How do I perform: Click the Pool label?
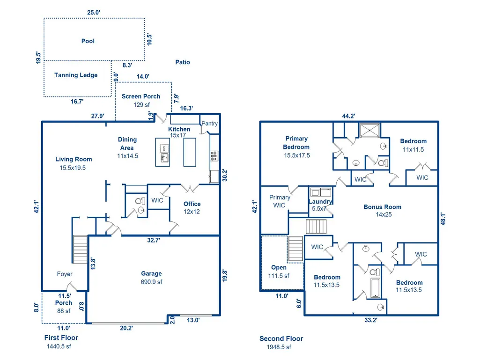[x=88, y=41]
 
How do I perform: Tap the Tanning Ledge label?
[x=76, y=75]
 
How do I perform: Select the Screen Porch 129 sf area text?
[x=141, y=100]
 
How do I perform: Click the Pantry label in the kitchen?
[x=210, y=124]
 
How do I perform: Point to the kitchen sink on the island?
[x=165, y=158]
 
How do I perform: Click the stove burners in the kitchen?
[x=214, y=155]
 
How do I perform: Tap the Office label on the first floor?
[x=192, y=204]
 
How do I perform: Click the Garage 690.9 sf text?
[x=152, y=278]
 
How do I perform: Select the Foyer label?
[x=65, y=274]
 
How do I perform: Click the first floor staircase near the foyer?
[x=80, y=249]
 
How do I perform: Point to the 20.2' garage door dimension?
[x=126, y=328]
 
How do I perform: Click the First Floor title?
[x=61, y=338]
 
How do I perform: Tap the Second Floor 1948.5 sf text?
[x=281, y=343]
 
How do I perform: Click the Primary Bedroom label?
[x=296, y=143]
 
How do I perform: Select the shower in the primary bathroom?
[x=369, y=131]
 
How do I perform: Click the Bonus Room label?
[x=382, y=207]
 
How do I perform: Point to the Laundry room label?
[x=320, y=201]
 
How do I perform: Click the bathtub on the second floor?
[x=376, y=288]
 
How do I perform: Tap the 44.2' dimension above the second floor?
[x=349, y=116]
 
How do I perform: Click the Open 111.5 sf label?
[x=279, y=272]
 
